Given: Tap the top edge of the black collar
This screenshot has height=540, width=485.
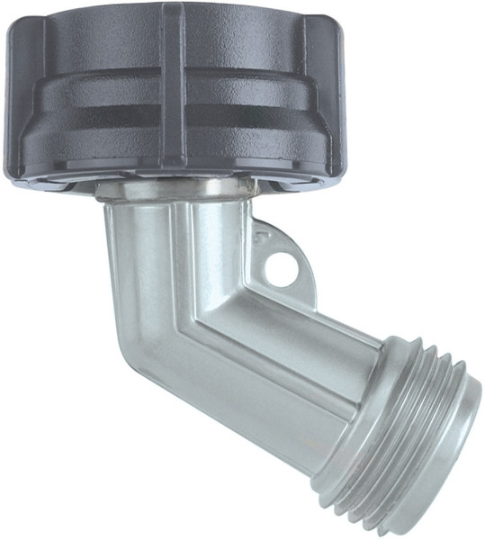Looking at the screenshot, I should tap(171, 7).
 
